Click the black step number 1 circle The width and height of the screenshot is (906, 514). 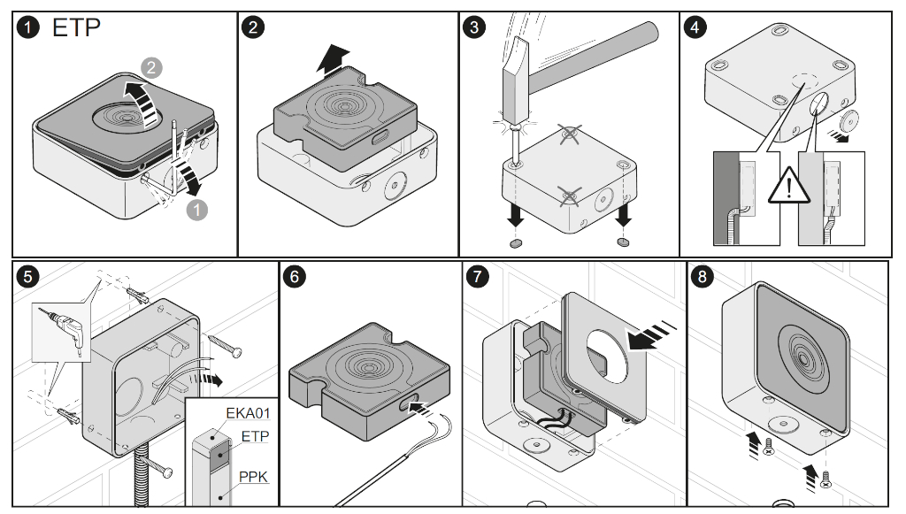click(x=27, y=27)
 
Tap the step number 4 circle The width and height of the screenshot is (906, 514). click(x=695, y=27)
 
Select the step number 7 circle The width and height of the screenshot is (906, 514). click(x=477, y=276)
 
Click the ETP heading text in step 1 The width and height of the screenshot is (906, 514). click(x=76, y=27)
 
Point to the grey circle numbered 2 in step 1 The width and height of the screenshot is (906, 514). click(x=151, y=67)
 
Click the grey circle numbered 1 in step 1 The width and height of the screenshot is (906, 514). click(x=197, y=210)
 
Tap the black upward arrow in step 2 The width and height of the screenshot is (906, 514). click(x=334, y=60)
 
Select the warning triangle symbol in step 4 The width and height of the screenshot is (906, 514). click(x=788, y=186)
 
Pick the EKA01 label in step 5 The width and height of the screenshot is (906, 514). click(x=248, y=413)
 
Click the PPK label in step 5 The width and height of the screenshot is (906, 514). click(x=254, y=477)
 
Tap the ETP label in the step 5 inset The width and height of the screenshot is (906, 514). click(x=255, y=436)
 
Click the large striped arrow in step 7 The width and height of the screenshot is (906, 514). click(x=651, y=337)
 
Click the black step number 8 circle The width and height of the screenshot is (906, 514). click(x=702, y=276)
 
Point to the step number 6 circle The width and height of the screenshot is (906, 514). click(x=295, y=276)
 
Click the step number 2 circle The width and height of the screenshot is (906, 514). click(x=253, y=27)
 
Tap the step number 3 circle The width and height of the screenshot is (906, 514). click(x=474, y=27)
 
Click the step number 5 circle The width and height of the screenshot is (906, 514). click(x=27, y=276)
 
